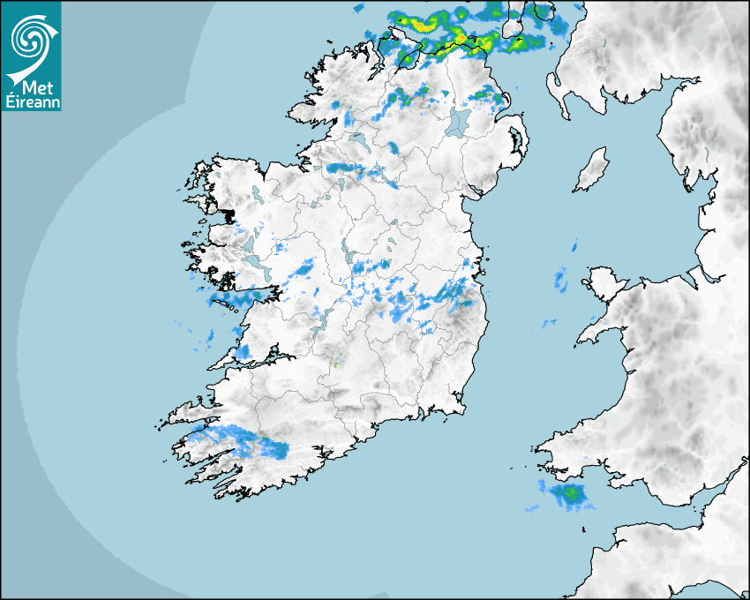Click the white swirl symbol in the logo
tap(30, 37)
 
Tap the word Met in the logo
tap(32, 88)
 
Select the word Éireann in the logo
tap(31, 101)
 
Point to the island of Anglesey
tap(602, 281)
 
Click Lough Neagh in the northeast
tap(459, 121)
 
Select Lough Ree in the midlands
tap(345, 251)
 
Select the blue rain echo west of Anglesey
tap(561, 281)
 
